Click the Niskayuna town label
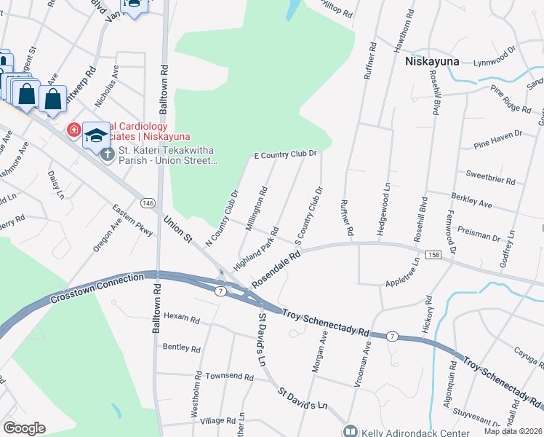pos(431,61)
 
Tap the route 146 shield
pos(148,202)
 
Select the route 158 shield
pos(434,254)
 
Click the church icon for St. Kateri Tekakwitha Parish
pos(107,154)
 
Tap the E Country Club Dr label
pos(285,154)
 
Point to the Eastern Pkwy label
pos(133,221)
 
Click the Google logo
pos(24,428)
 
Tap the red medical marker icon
pos(73,130)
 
